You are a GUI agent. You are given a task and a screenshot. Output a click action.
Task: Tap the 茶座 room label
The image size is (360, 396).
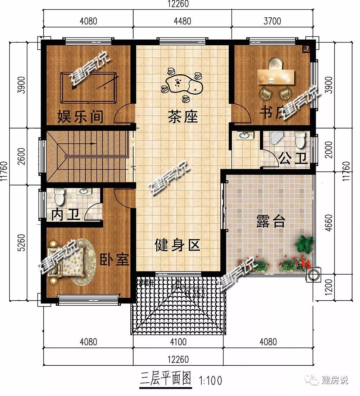pyautogui.click(x=183, y=117)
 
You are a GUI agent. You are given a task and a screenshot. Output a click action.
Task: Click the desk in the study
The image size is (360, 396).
pyautogui.click(x=276, y=75)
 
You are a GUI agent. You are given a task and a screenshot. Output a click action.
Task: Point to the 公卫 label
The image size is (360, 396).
pyautogui.click(x=293, y=158)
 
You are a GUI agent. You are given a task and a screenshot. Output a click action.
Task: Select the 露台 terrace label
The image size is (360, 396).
pyautogui.click(x=271, y=222)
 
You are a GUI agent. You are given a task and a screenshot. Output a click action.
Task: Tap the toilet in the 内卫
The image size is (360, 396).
pyautogui.click(x=59, y=197)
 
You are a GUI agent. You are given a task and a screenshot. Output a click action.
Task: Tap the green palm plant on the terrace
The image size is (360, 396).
pyautogui.click(x=303, y=244)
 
